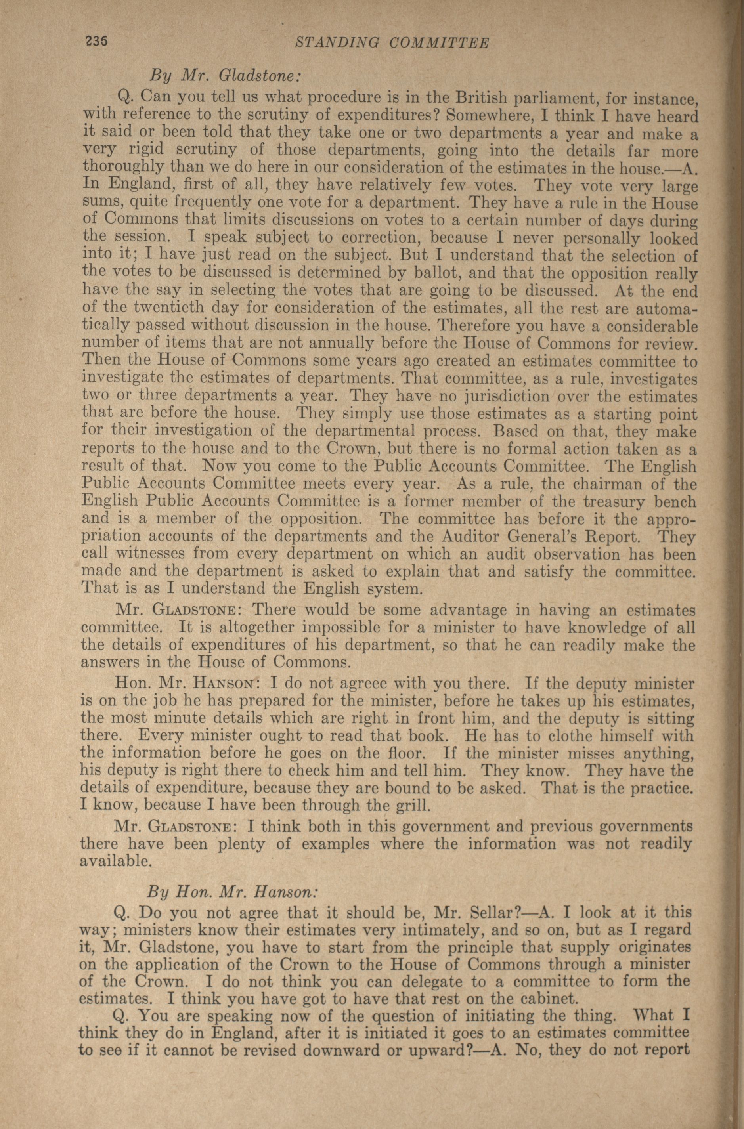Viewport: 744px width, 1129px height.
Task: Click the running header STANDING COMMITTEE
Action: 392,44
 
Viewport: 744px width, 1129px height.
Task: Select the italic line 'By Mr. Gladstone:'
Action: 226,75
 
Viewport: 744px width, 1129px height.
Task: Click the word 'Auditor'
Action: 470,536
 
